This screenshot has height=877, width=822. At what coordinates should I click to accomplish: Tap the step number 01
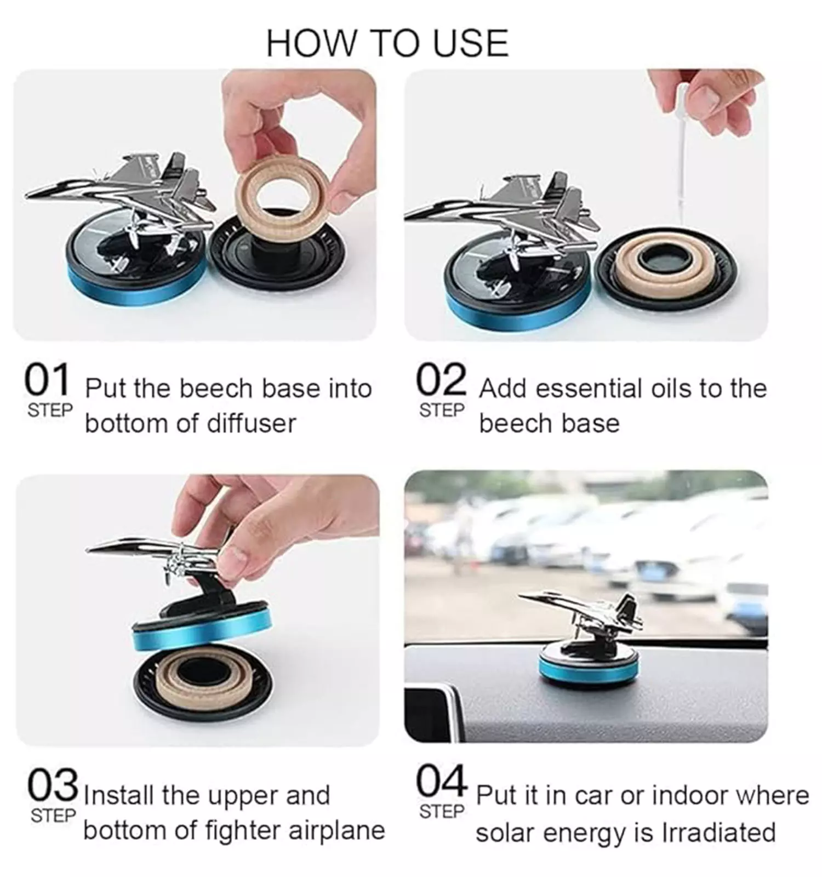pos(47,380)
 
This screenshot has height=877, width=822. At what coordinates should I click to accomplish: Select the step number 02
pos(441,380)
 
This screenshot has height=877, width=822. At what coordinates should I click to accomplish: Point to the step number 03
pos(53,785)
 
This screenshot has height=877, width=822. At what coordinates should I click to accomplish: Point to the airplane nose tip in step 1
pos(26,196)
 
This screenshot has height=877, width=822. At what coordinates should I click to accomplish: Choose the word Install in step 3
pos(118,795)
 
